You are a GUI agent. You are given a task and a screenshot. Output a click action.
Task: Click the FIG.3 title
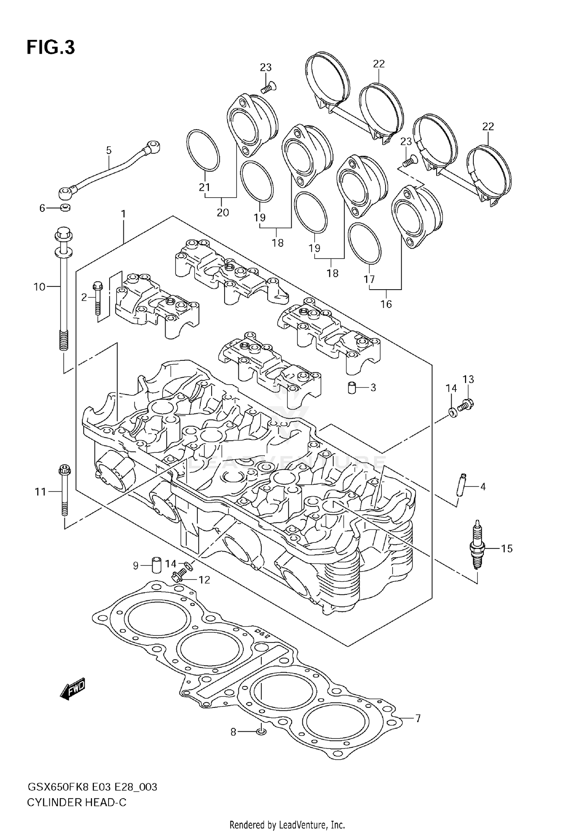click(x=51, y=47)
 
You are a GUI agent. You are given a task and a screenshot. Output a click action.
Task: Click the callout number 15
click(x=506, y=549)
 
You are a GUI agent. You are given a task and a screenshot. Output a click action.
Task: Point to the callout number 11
click(x=40, y=491)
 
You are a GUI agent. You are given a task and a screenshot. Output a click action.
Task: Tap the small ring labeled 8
click(x=261, y=732)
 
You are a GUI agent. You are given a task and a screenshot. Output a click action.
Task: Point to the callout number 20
click(x=223, y=212)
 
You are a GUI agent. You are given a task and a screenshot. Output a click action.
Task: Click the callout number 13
click(x=468, y=379)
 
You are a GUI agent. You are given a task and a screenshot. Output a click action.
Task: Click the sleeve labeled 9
click(x=156, y=565)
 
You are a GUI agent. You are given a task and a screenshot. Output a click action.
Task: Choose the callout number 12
click(x=204, y=580)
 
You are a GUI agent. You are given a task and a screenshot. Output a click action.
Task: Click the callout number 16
click(x=386, y=304)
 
